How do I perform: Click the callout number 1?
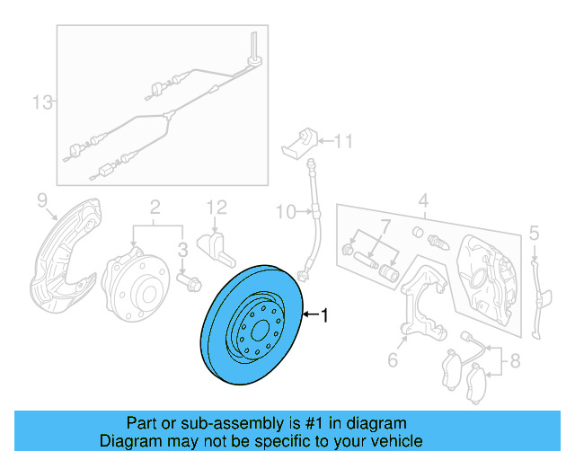point(325,315)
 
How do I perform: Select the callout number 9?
point(41,199)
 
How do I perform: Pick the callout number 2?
point(154,207)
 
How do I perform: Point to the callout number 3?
point(181,248)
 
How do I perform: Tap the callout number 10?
point(284,212)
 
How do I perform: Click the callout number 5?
point(534,234)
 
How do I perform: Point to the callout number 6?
point(393,360)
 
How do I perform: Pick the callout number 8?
point(514,362)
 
